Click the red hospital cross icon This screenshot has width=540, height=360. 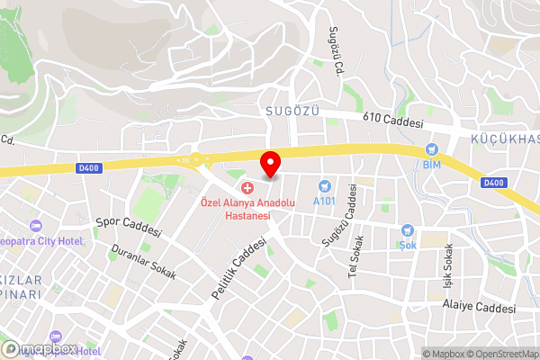click(x=247, y=186)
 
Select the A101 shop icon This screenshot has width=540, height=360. click(x=324, y=186)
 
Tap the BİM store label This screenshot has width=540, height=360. click(x=431, y=165)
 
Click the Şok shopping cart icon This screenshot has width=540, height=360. click(x=407, y=231)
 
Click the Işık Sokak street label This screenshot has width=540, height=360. click(x=444, y=262)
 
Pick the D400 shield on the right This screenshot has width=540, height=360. click(x=494, y=183)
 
